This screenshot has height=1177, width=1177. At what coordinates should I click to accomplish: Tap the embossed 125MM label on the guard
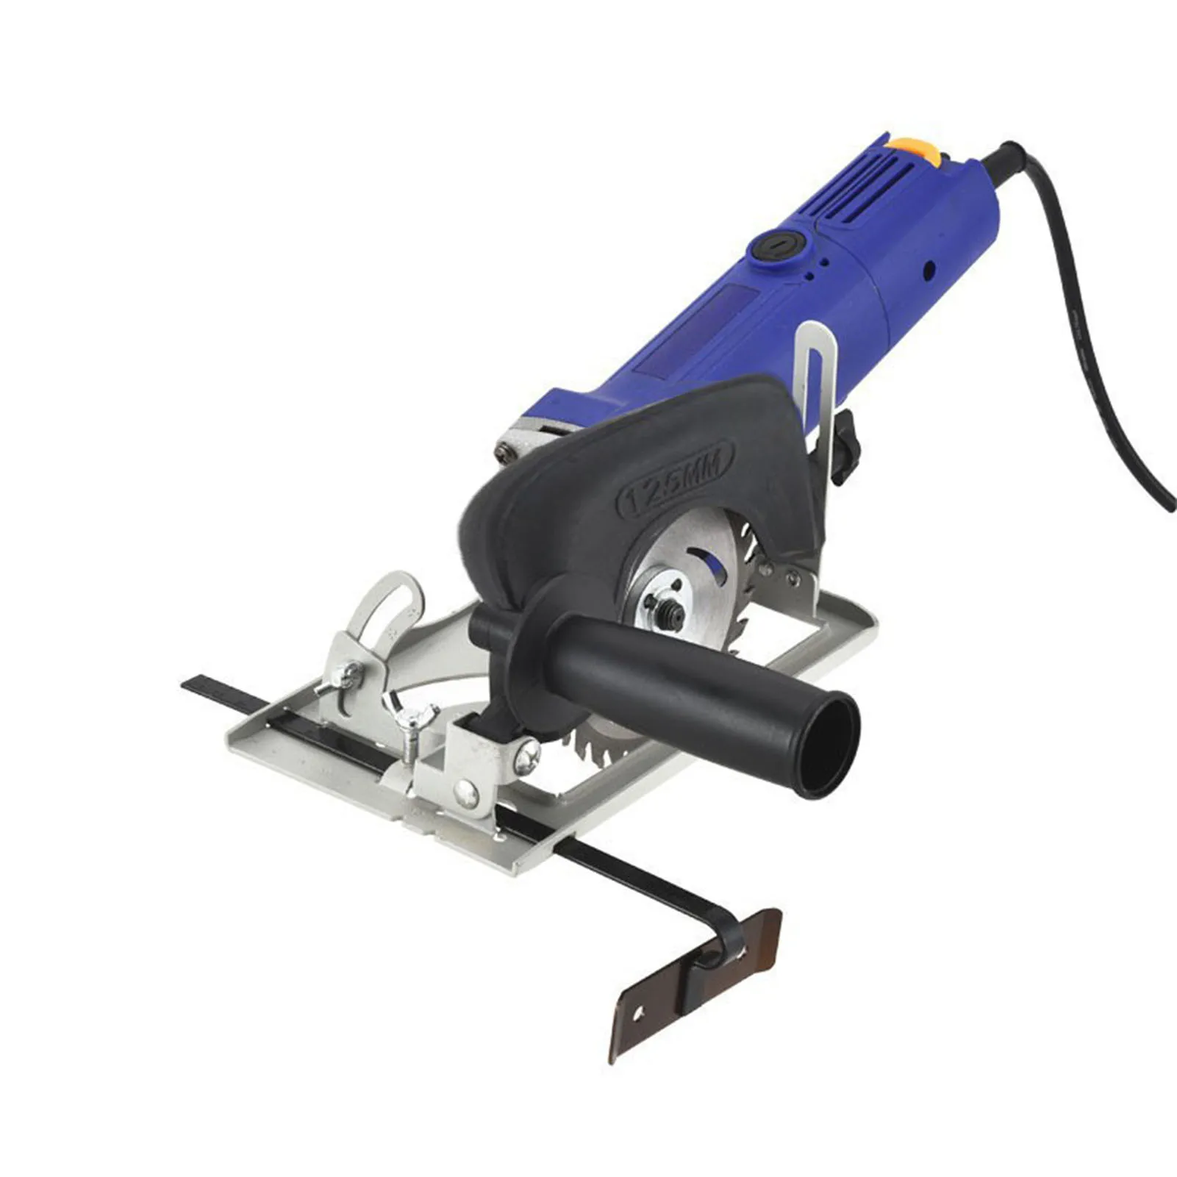675,479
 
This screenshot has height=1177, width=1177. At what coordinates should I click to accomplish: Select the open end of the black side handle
831,747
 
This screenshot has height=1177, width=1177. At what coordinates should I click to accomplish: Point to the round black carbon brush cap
776,243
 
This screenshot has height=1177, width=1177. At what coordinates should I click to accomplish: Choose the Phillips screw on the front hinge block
526,756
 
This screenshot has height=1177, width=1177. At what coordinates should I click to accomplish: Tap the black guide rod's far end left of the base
193,684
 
